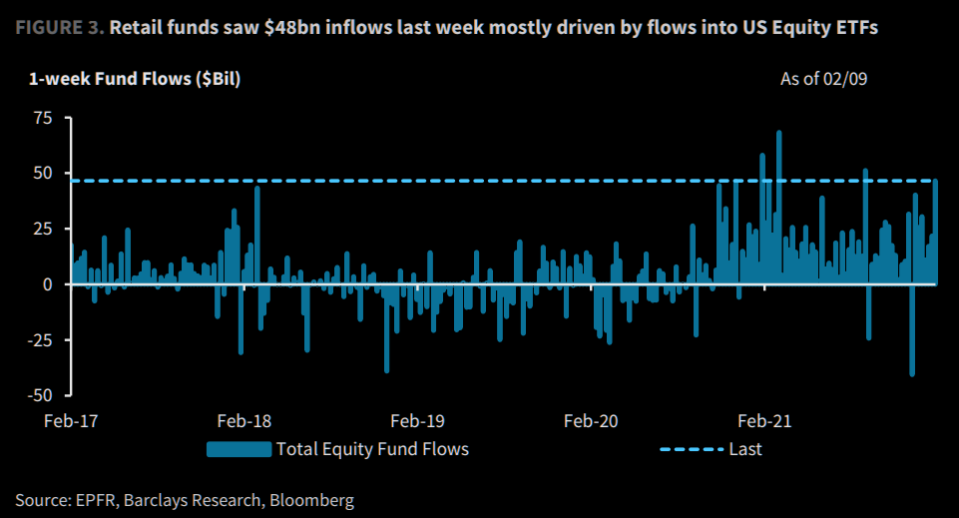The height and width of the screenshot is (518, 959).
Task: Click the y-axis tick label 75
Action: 42,118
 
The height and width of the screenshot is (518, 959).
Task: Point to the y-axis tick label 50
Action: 42,173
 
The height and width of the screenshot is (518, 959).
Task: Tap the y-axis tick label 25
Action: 42,229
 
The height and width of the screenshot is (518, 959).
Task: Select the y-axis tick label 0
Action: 47,284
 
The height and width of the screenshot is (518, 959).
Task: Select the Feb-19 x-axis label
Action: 417,420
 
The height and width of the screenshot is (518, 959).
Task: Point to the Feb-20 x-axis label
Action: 591,420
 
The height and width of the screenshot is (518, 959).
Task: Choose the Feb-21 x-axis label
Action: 765,420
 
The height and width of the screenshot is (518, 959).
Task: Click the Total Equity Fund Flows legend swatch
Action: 239,449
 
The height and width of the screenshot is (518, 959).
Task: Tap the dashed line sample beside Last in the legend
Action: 691,449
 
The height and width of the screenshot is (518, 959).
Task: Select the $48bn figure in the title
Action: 282,27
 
